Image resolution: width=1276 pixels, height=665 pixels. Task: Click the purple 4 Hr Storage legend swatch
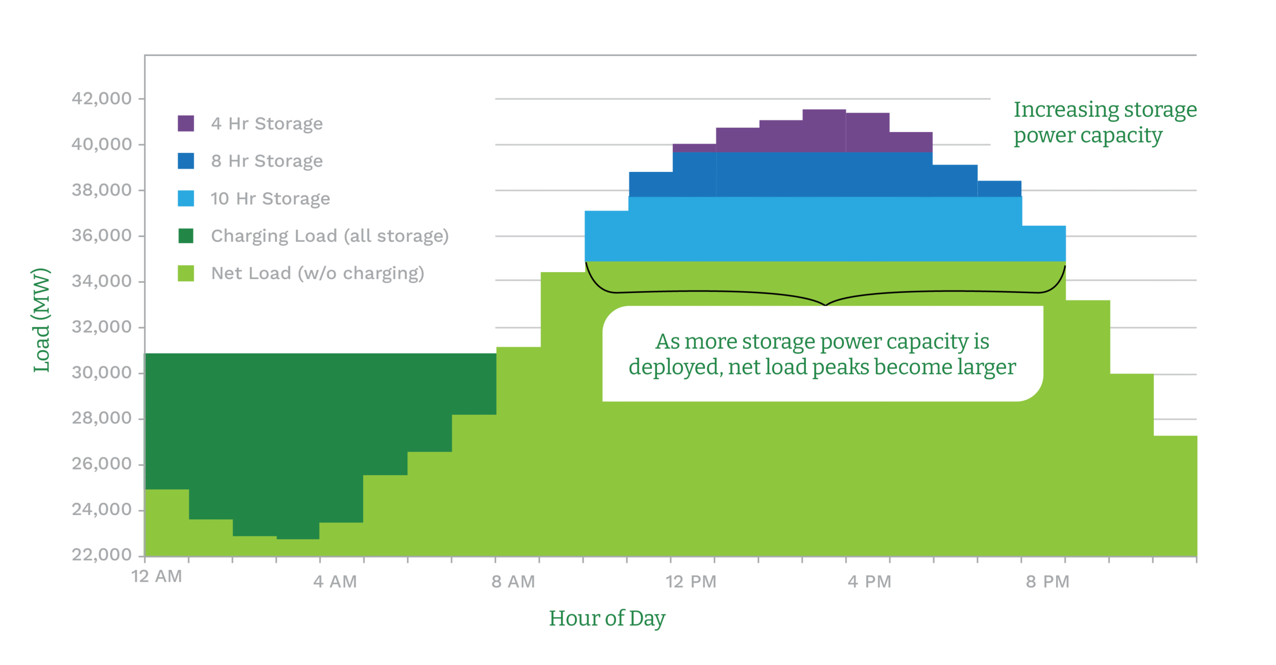[185, 123]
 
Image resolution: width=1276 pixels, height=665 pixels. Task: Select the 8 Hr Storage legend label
[267, 161]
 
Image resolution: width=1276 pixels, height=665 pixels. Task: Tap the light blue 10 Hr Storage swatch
[185, 198]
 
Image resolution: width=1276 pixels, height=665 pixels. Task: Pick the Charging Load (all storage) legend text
[329, 236]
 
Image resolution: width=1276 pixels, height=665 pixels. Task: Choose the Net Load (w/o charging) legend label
[318, 273]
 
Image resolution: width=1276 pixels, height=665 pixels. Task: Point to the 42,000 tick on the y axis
[102, 98]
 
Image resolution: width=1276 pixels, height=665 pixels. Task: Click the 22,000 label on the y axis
[102, 554]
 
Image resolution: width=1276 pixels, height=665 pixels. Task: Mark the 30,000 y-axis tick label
[102, 372]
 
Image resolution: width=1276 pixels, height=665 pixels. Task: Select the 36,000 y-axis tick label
[102, 235]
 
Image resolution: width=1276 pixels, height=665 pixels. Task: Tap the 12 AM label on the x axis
[157, 576]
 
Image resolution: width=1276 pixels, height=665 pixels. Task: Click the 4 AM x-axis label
[335, 582]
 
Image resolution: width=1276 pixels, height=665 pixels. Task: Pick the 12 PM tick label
[691, 582]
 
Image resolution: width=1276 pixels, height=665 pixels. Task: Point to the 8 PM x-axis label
[1048, 582]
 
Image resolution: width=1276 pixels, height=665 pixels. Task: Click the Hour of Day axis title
[607, 619]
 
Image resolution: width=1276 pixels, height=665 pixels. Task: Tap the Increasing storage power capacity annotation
[1105, 122]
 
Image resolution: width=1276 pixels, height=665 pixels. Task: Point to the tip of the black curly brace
[825, 305]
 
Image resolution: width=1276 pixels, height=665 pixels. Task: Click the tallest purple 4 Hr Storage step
[824, 130]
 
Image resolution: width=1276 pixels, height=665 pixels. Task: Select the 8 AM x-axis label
[513, 582]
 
